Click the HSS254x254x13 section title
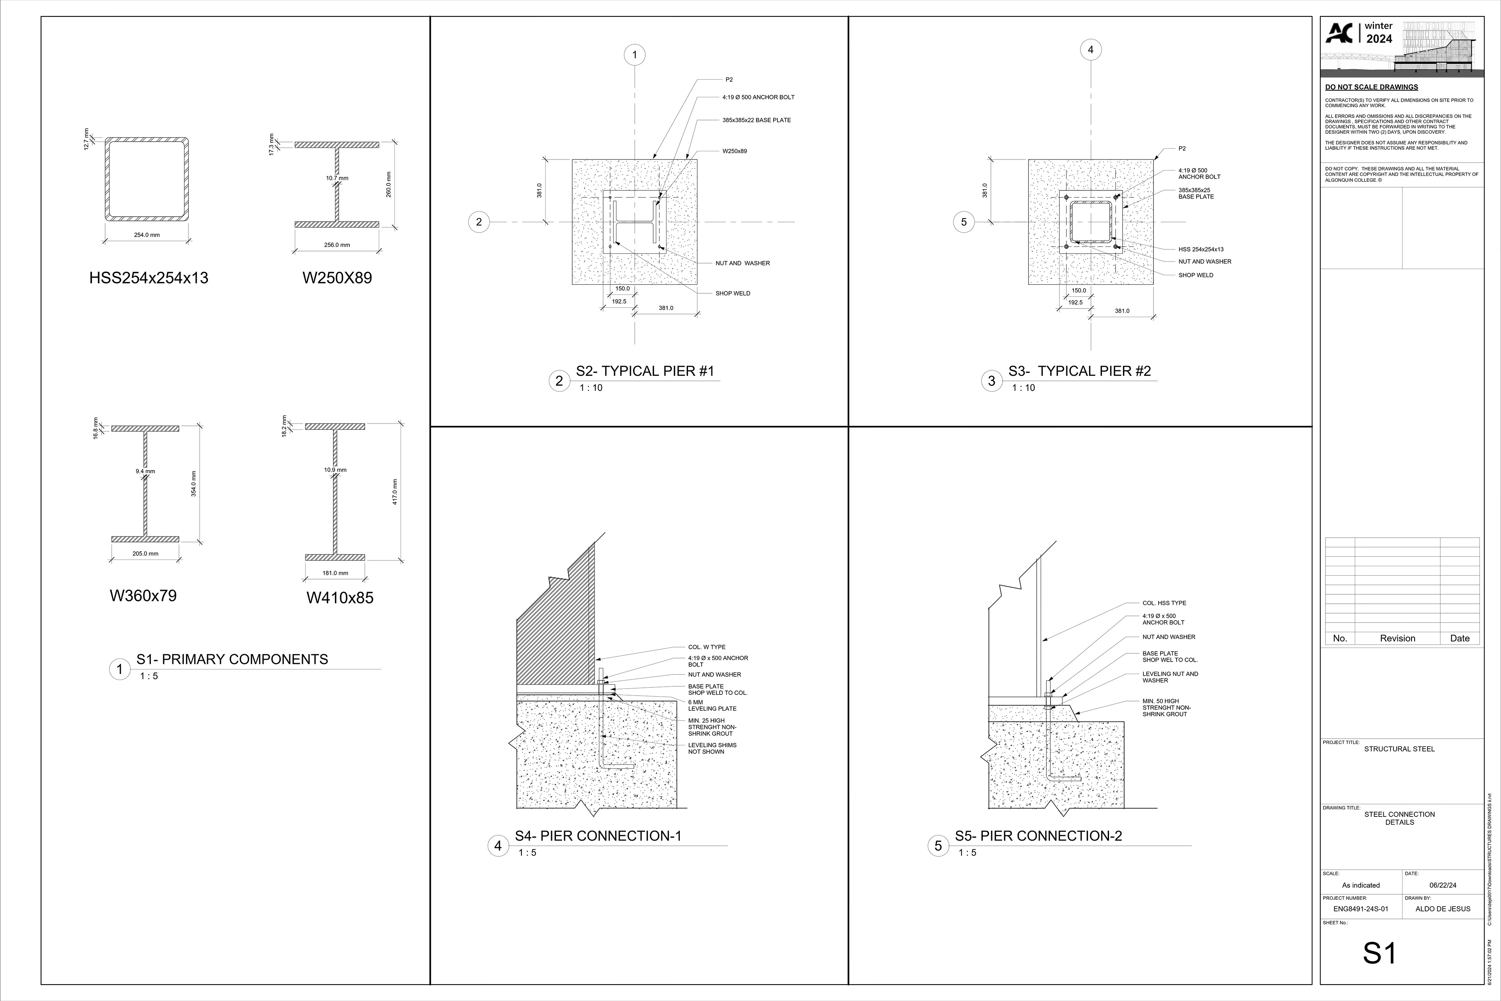coord(149,278)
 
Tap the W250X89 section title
coord(337,278)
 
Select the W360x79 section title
coord(143,596)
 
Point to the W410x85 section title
coord(340,598)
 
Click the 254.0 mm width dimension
coord(147,235)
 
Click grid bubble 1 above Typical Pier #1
coord(634,55)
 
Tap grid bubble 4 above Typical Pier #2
coord(1091,50)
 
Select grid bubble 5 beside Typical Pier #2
coord(964,222)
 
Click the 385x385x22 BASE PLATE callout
coord(756,120)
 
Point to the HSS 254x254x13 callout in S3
coord(1200,249)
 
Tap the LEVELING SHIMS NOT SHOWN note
coord(711,748)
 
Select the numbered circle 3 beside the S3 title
coord(991,381)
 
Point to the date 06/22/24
coord(1442,885)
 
